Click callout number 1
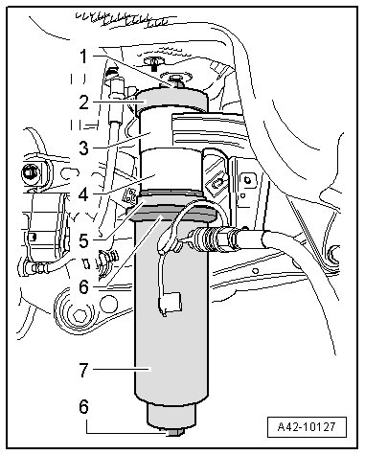[83, 57]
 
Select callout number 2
[84, 102]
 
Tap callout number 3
[84, 148]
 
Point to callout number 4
[83, 194]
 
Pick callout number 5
[83, 241]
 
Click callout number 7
[83, 371]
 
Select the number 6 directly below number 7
[83, 407]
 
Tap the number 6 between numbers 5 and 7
[83, 287]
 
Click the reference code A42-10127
[307, 426]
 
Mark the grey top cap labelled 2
[171, 99]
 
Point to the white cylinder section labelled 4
[171, 171]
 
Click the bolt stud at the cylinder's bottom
[172, 432]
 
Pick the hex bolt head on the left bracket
[30, 173]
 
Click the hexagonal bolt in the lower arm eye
[80, 316]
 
